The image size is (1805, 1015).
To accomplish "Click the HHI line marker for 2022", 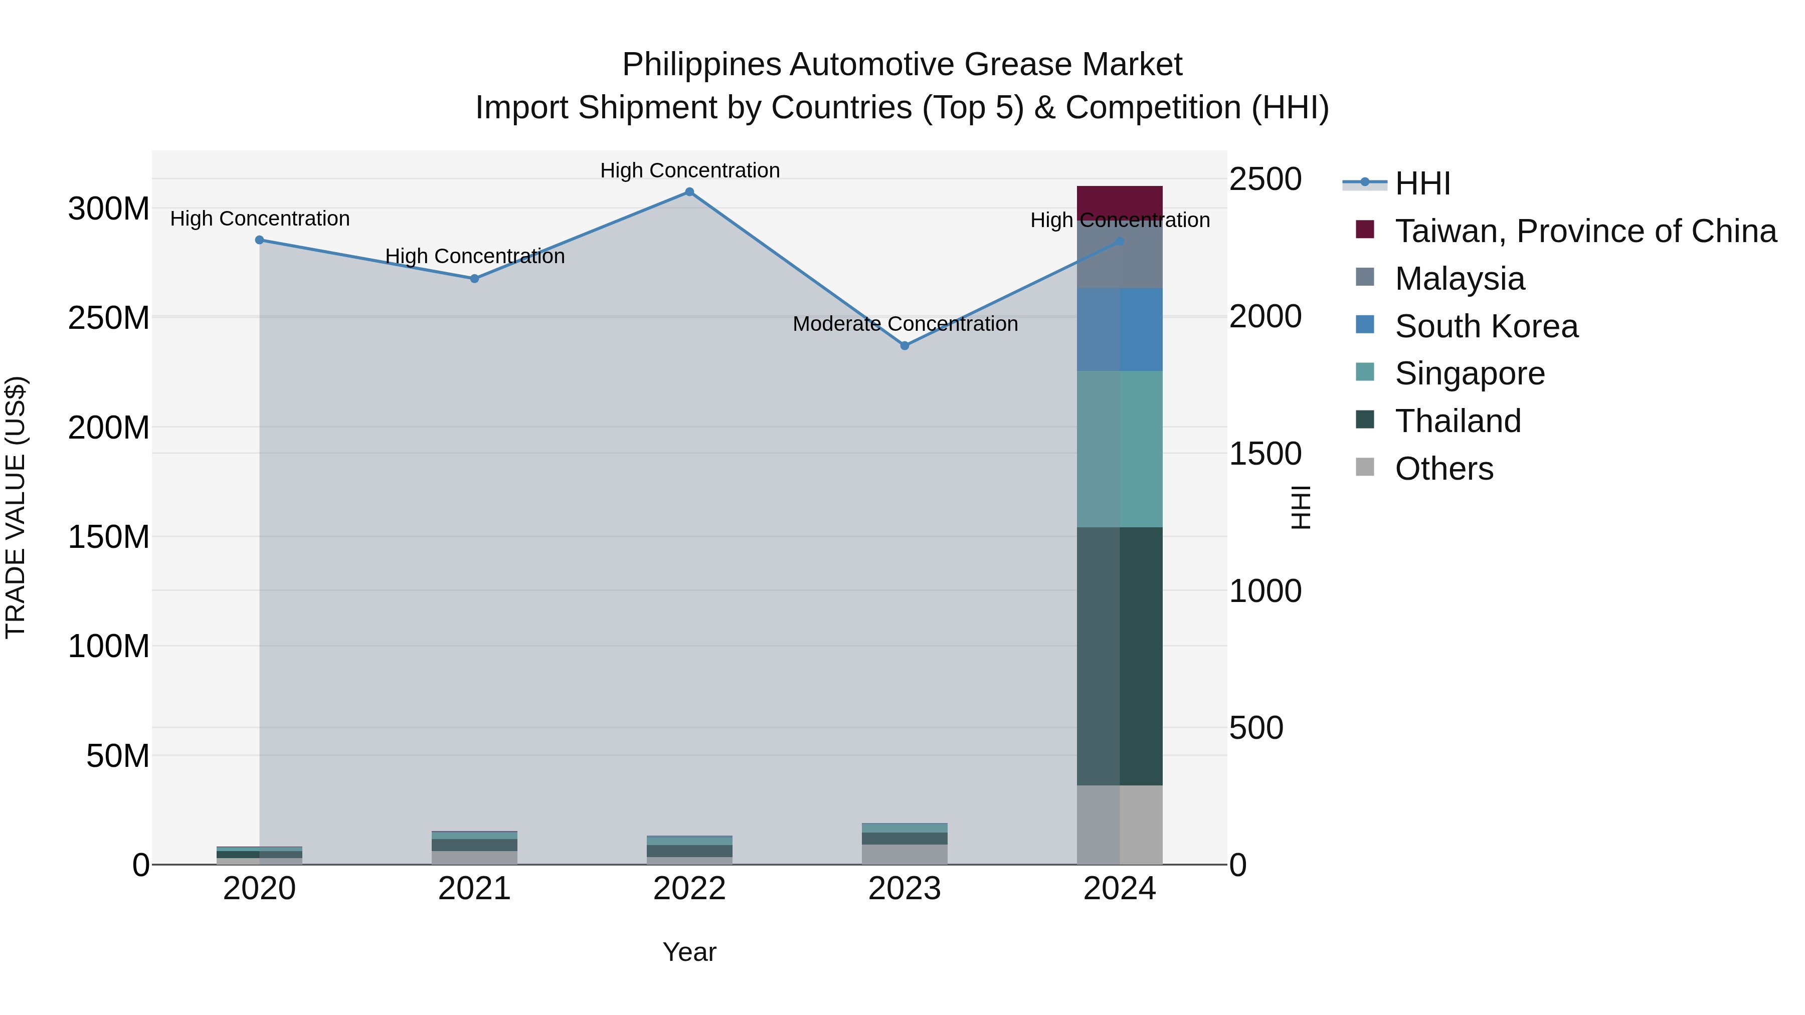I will point(689,192).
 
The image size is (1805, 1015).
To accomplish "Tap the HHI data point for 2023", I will point(905,346).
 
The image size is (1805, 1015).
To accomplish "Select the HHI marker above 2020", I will point(259,240).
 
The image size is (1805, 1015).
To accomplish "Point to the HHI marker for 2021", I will point(474,279).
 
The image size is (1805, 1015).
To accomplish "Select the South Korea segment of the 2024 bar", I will point(1120,329).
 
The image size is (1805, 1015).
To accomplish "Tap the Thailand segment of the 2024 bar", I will point(1120,656).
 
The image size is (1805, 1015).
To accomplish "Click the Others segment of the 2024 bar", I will point(1120,825).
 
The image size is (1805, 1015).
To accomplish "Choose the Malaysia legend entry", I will point(1460,279).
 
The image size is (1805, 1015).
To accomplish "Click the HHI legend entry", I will point(1422,183).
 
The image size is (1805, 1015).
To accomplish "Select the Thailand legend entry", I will point(1458,421).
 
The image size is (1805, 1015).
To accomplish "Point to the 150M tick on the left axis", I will point(109,537).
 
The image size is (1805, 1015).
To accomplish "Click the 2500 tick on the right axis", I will point(1266,179).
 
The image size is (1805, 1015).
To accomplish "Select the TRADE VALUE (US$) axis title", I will point(16,507).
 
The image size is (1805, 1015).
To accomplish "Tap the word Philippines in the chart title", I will point(701,65).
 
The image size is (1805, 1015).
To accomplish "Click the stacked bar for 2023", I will point(905,844).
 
